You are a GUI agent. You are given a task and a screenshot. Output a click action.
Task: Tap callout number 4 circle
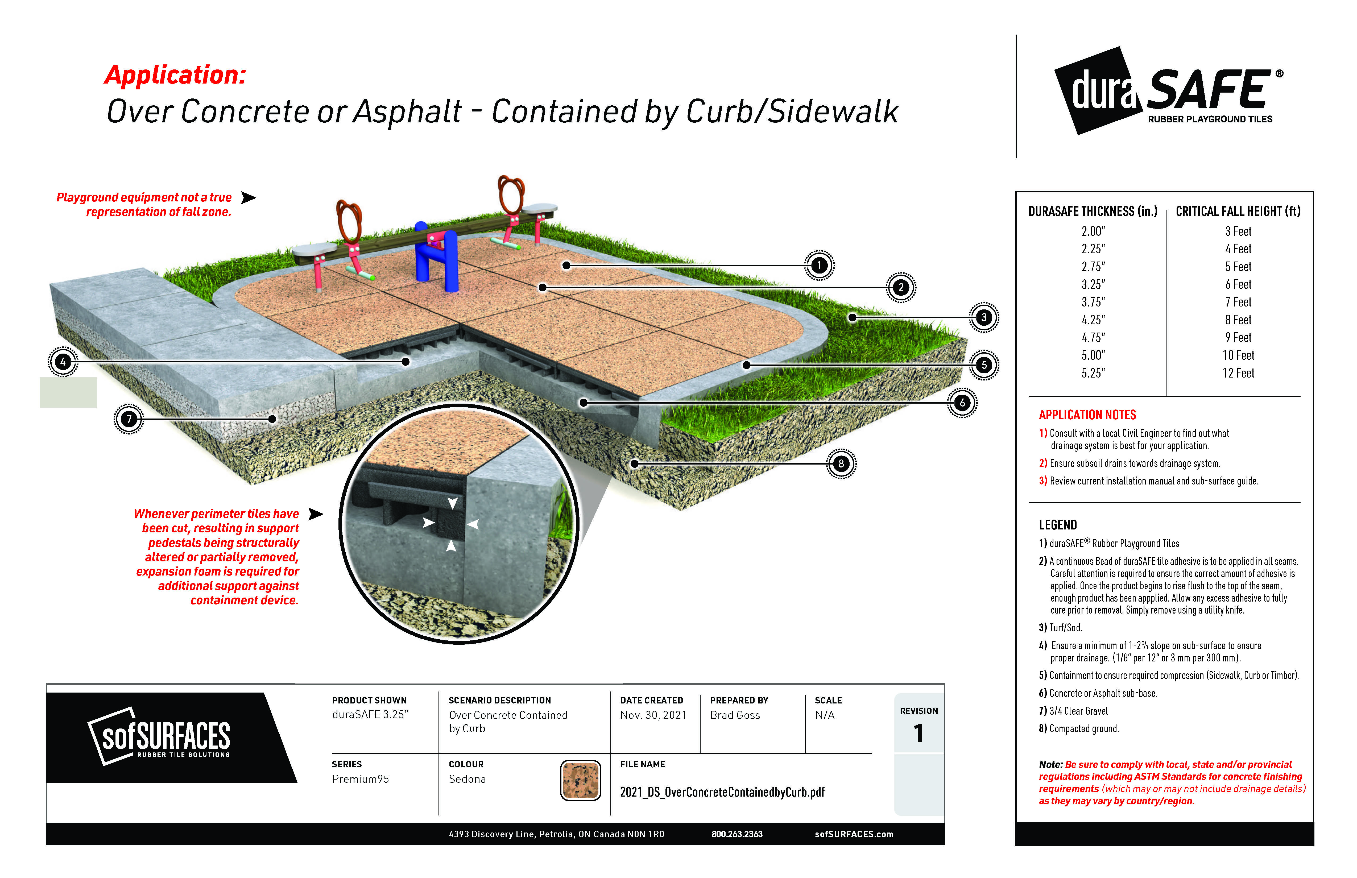(63, 362)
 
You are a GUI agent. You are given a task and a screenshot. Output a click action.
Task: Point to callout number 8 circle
(841, 463)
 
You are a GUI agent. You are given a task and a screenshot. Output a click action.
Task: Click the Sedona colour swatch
(580, 780)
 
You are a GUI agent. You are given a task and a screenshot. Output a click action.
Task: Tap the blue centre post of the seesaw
(436, 256)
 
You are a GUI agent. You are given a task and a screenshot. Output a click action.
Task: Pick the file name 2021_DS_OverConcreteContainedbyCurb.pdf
(722, 792)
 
